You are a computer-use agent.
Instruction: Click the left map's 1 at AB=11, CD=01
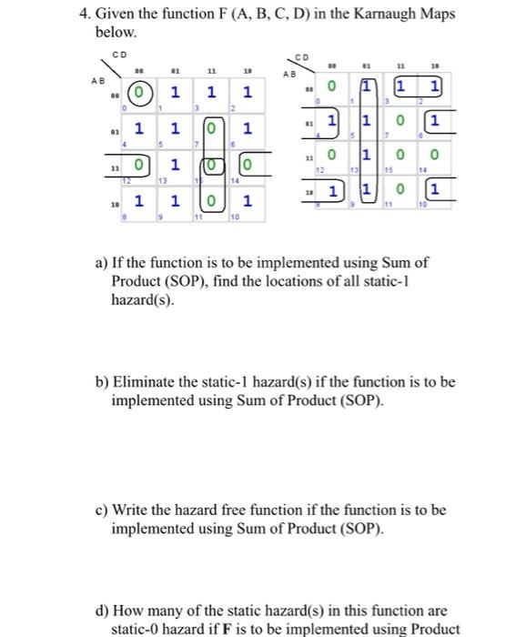[175, 165]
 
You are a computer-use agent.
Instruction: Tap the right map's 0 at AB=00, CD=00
[333, 88]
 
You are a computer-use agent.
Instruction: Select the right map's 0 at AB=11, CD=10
[435, 156]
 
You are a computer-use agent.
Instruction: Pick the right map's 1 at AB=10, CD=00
[333, 191]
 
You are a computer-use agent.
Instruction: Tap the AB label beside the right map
[289, 75]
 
